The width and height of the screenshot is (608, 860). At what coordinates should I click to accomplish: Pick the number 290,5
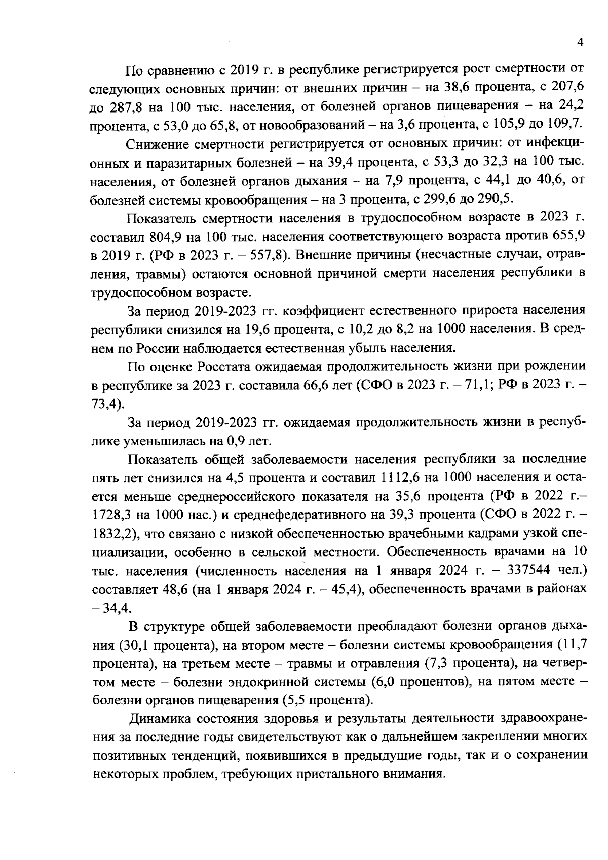coord(488,200)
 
